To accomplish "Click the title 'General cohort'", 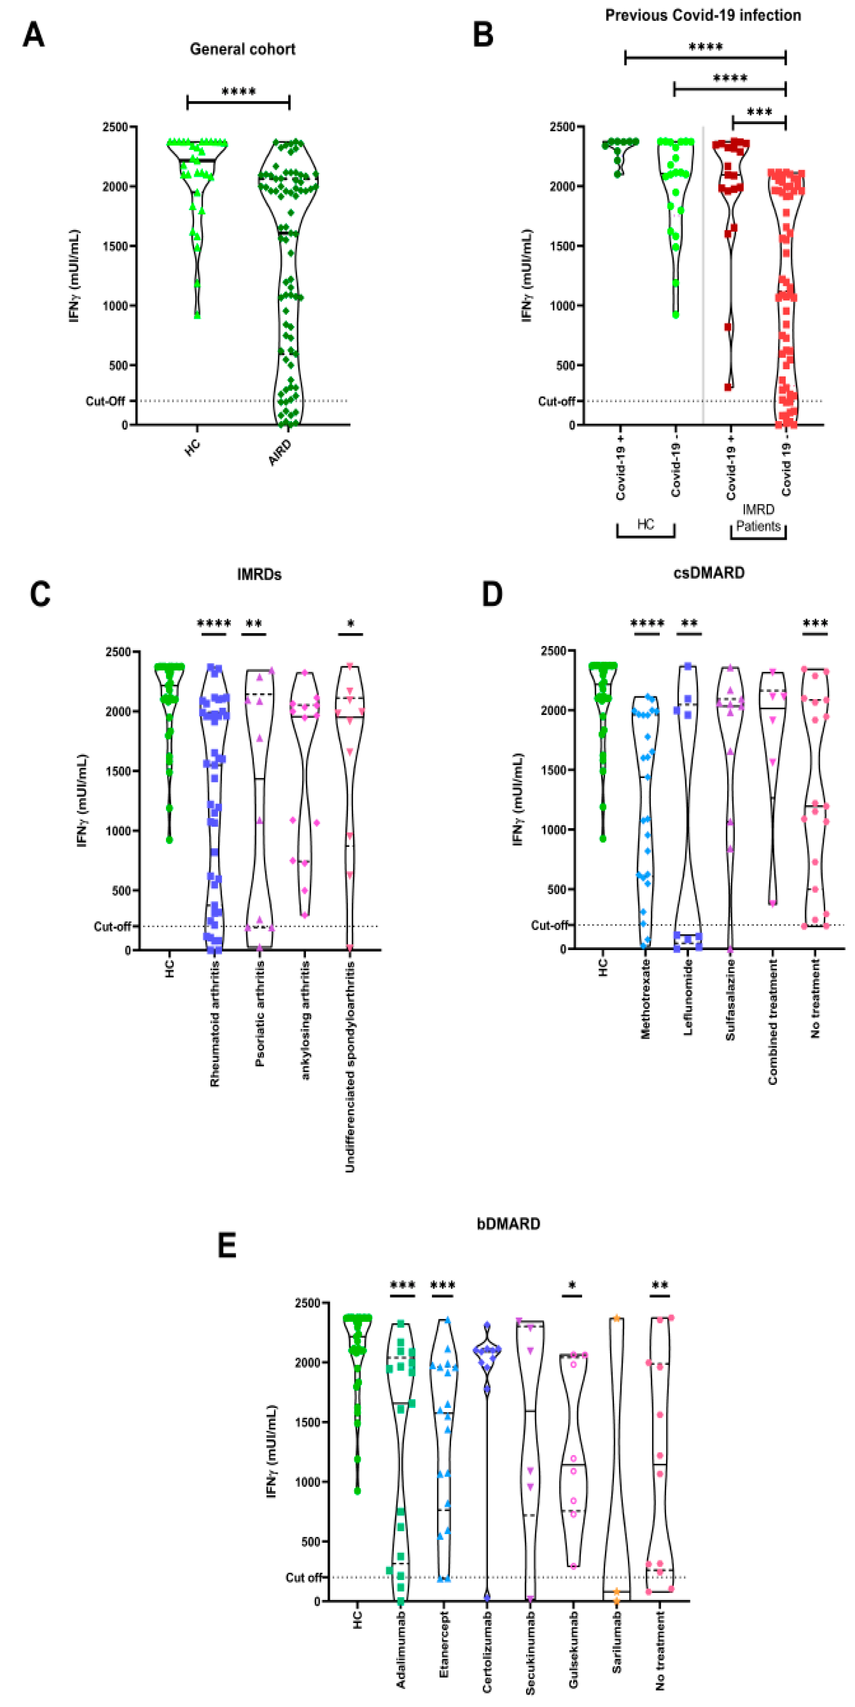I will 242,49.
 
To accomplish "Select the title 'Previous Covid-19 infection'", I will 703,15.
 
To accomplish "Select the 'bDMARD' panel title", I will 509,1223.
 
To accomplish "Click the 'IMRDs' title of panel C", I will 259,575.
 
